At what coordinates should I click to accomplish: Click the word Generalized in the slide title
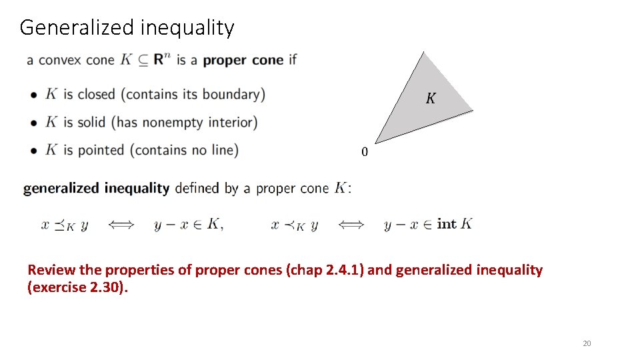(77, 28)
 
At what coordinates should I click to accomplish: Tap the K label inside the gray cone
(431, 99)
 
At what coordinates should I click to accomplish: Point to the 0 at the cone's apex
(364, 152)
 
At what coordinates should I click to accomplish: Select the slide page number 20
(587, 343)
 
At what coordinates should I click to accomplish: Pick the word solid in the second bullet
(92, 122)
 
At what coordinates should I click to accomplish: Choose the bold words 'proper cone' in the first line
(243, 60)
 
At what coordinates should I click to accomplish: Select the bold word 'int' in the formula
(447, 224)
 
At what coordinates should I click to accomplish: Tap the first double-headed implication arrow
(121, 225)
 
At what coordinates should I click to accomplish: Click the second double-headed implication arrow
(351, 225)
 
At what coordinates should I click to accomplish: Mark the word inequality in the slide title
(187, 28)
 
